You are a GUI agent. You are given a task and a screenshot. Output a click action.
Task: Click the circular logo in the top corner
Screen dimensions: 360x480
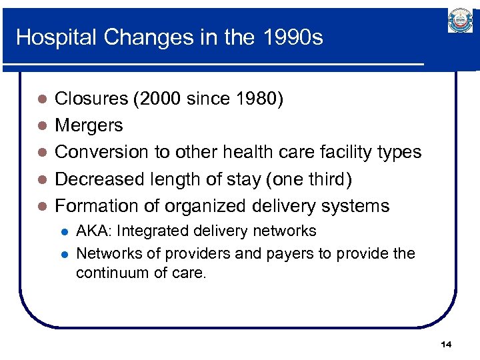(460, 21)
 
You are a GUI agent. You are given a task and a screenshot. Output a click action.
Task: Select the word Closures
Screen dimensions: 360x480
(91, 99)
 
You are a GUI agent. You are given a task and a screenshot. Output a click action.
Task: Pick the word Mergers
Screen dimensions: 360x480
(89, 125)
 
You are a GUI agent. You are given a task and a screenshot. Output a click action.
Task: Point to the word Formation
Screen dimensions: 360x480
(97, 205)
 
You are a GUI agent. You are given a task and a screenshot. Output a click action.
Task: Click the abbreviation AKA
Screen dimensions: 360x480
(93, 231)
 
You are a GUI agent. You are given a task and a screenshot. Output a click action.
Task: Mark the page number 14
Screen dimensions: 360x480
(446, 344)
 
